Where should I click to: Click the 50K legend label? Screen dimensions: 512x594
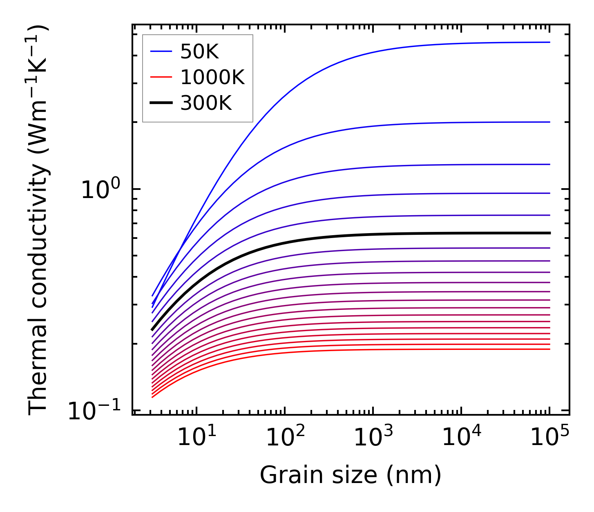pyautogui.click(x=199, y=52)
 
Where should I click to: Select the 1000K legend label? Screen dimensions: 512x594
pyautogui.click(x=212, y=77)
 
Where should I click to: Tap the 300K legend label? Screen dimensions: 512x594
pyautogui.click(x=206, y=103)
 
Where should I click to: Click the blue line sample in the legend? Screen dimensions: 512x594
pyautogui.click(x=161, y=51)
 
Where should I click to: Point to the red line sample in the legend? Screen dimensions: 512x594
pyautogui.click(x=161, y=77)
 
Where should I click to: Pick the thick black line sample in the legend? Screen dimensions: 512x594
pyautogui.click(x=161, y=103)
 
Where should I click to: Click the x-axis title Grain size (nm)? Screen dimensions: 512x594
pyautogui.click(x=351, y=475)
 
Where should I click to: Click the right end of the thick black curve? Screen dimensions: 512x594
pyautogui.click(x=550, y=233)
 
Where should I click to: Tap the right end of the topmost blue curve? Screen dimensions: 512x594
pyautogui.click(x=549, y=42)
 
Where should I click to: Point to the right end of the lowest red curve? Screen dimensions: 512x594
pyautogui.click(x=549, y=349)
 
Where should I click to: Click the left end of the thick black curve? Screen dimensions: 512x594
pyautogui.click(x=152, y=329)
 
